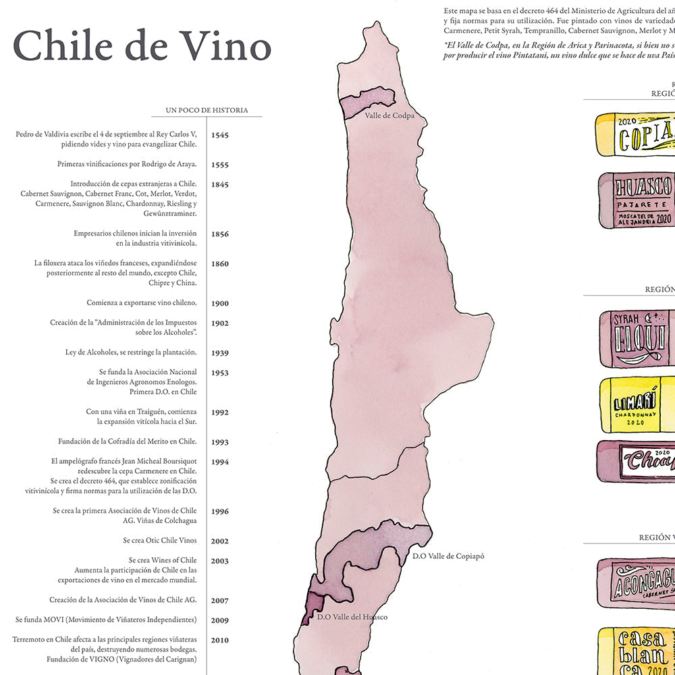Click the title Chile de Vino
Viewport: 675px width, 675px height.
[x=142, y=47]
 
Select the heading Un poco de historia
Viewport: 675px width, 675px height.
[x=207, y=110]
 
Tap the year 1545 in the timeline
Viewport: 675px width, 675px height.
[x=220, y=135]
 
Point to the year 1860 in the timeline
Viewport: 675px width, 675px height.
[x=220, y=264]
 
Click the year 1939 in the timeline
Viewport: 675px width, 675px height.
[x=220, y=353]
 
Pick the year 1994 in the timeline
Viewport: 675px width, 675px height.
[x=220, y=462]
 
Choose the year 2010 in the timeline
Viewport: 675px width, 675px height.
[x=220, y=641]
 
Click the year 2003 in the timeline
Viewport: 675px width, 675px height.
[x=220, y=561]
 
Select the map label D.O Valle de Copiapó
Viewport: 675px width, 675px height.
[x=448, y=556]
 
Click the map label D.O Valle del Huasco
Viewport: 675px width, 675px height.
[x=352, y=635]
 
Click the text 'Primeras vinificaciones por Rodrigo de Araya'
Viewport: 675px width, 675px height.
[x=127, y=164]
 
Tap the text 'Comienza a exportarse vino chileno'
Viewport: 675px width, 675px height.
[x=142, y=303]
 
